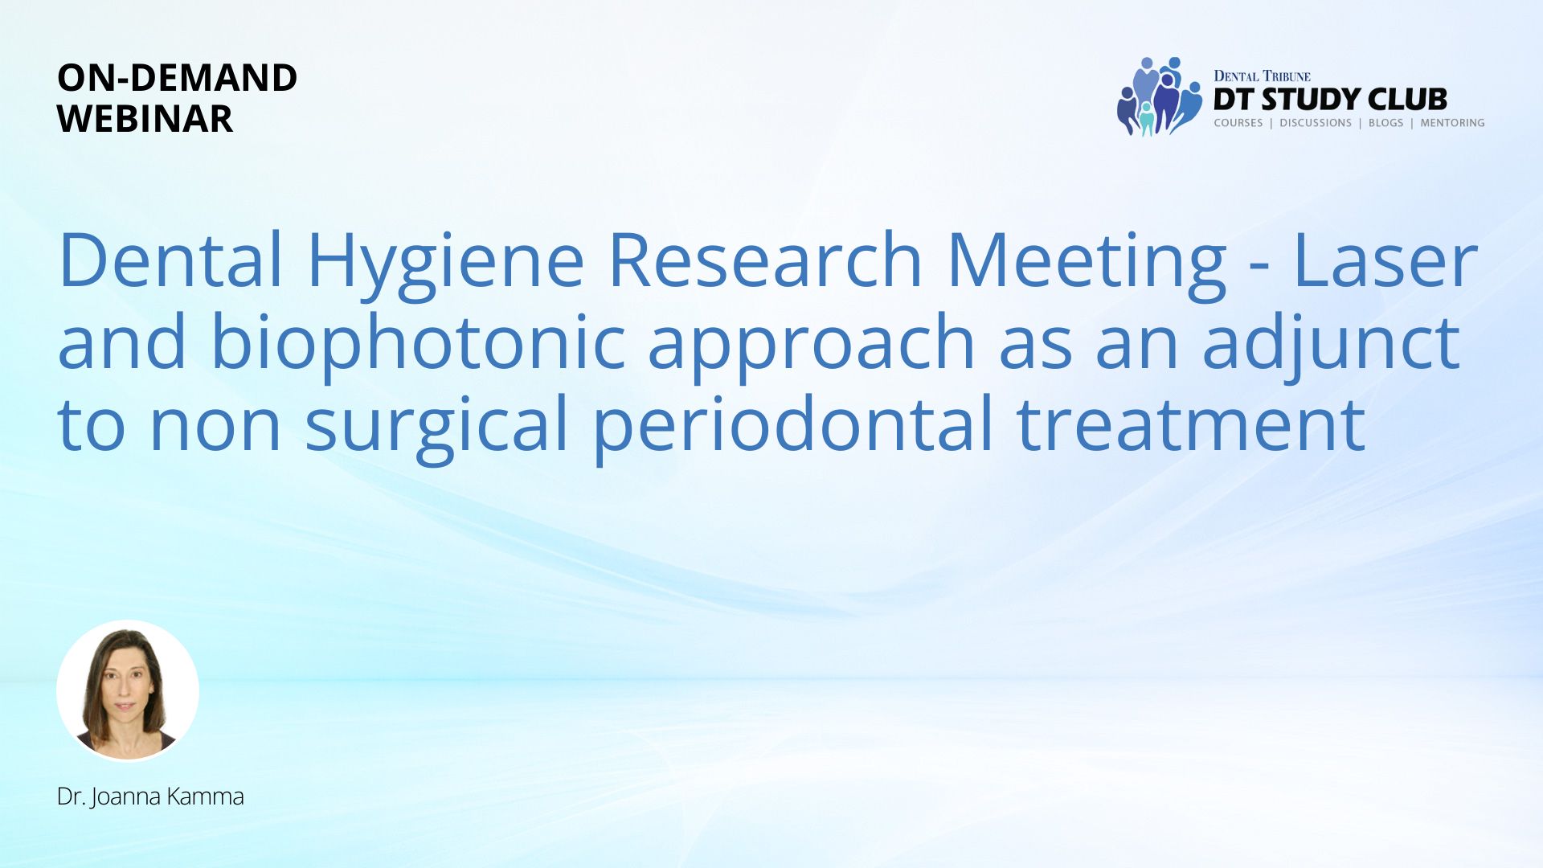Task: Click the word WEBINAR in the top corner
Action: [x=145, y=119]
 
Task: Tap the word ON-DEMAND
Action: [x=177, y=78]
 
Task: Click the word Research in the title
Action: [x=765, y=260]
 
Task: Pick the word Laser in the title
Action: [x=1386, y=260]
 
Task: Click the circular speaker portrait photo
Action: [x=128, y=691]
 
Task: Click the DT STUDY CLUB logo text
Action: [x=1330, y=100]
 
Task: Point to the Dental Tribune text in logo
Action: [x=1262, y=76]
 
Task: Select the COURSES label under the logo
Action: [x=1238, y=123]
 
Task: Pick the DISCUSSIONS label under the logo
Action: [x=1316, y=123]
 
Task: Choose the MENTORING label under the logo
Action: [x=1452, y=123]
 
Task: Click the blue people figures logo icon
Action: [x=1160, y=96]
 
